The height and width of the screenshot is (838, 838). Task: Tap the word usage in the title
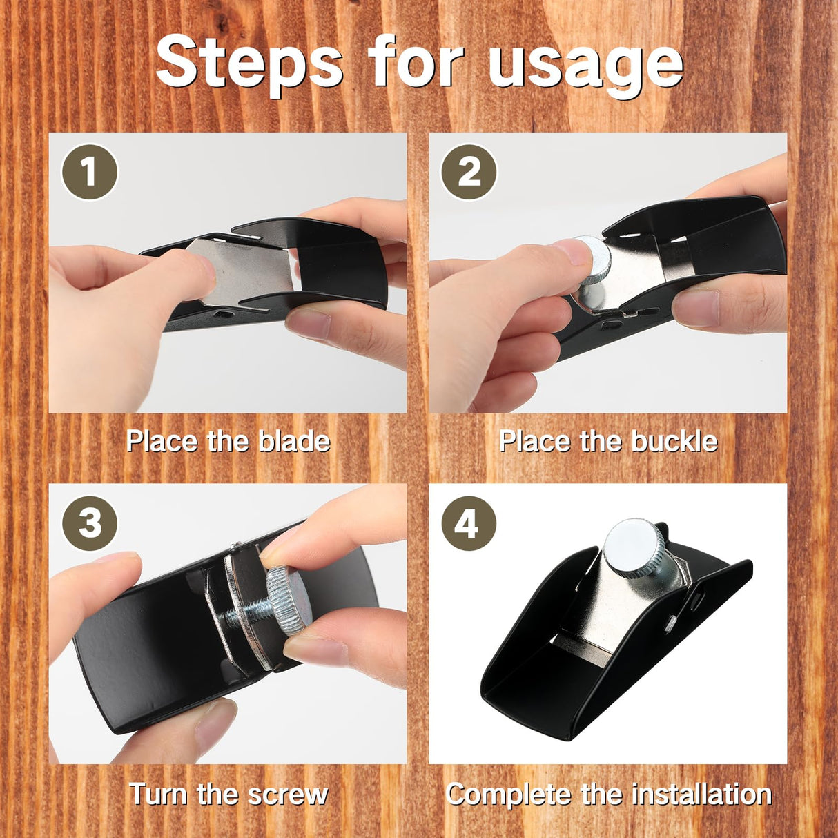point(585,68)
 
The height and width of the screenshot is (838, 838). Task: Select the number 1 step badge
point(89,172)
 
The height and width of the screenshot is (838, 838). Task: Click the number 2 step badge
point(469,172)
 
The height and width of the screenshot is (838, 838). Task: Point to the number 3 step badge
point(89,523)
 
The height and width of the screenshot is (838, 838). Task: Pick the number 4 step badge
point(469,523)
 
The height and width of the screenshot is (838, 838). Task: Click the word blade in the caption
point(294,441)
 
